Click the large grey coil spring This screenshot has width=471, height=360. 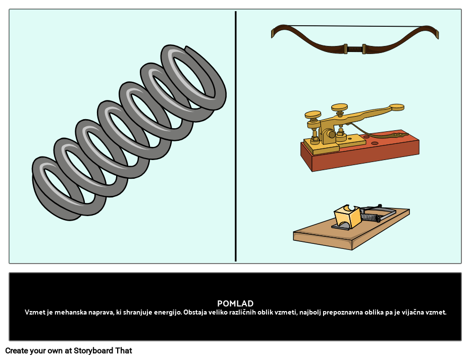point(129,132)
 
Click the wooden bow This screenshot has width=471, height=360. point(355,39)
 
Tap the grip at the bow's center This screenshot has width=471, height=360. point(355,48)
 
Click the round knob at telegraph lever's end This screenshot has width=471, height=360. point(396,107)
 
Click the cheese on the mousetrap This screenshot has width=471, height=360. point(347,216)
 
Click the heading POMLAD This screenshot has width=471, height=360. point(235,303)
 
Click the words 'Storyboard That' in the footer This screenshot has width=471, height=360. point(102,351)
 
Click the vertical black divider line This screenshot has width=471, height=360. point(235,136)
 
